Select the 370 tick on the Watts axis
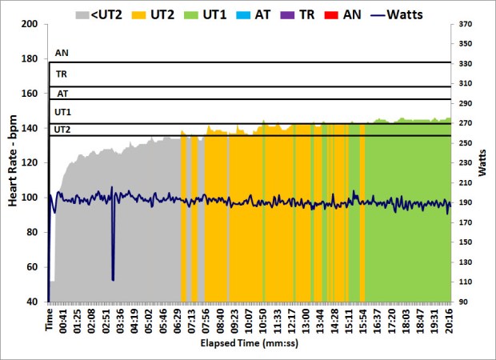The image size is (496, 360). [466, 24]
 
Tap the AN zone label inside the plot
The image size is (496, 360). [62, 54]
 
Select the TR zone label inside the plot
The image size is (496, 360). [62, 74]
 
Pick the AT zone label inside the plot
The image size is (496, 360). [62, 93]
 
